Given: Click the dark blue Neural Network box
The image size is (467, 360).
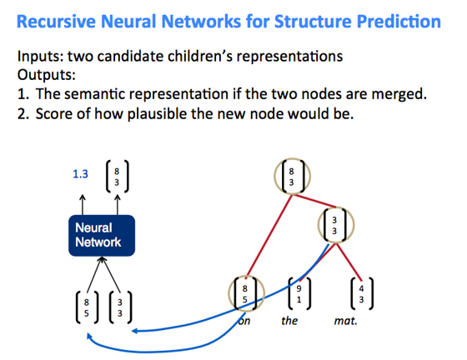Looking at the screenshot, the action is [102, 235].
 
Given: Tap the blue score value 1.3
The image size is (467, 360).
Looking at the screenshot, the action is [80, 174].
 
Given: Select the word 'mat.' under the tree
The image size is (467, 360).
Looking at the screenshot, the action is [345, 321].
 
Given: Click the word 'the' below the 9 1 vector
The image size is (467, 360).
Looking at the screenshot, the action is [289, 321].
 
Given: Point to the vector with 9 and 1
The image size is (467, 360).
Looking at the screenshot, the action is [299, 293].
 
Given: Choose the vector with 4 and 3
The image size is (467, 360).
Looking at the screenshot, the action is [362, 293].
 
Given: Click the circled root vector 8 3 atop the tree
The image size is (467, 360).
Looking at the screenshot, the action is [292, 177].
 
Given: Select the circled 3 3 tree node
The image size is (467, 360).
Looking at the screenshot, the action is [335, 225].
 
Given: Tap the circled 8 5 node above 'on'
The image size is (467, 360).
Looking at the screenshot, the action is [246, 293].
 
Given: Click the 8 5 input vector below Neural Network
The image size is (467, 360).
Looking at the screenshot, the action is [87, 307].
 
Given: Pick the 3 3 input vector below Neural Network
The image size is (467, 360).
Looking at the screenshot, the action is [120, 307].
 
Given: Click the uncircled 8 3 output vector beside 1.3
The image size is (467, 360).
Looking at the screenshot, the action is [117, 177].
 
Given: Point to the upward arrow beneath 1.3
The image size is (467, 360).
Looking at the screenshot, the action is [83, 204].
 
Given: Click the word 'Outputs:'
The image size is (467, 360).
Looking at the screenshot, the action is [47, 75].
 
